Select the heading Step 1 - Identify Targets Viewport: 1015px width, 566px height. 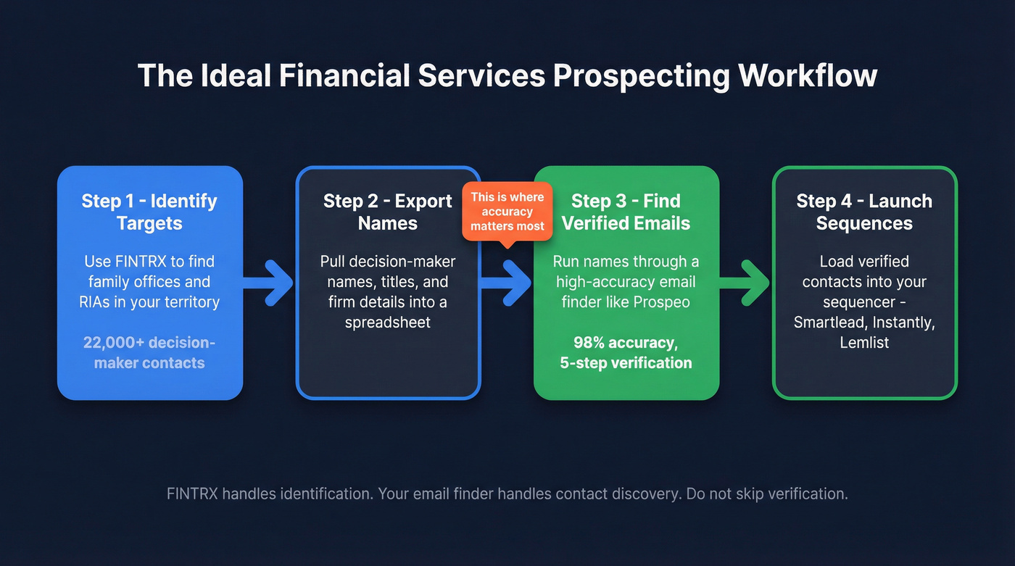coord(149,211)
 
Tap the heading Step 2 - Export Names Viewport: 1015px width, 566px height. coord(388,211)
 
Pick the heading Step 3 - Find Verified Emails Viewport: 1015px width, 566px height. coord(626,211)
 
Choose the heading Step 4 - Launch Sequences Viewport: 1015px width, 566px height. coord(864,211)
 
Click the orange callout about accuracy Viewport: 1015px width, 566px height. coord(507,211)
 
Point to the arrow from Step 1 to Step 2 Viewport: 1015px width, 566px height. coord(269,281)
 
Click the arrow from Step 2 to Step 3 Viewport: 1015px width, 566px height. coord(507,281)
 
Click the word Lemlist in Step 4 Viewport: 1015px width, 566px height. coord(864,342)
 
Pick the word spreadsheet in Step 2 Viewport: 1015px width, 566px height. coord(388,322)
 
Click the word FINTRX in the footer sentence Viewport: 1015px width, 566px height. coord(193,494)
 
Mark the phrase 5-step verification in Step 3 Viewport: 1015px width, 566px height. coord(626,362)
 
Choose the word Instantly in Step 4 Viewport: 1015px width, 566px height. coord(900,322)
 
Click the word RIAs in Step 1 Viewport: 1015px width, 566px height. coord(94,301)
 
